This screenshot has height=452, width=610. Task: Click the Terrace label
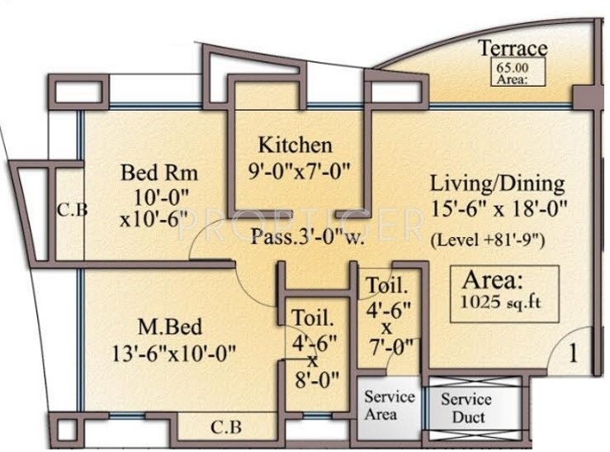point(513,49)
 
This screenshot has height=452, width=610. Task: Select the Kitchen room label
point(296,146)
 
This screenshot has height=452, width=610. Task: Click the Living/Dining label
point(498,183)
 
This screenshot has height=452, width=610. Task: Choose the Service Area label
point(389,405)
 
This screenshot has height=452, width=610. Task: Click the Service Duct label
point(466,408)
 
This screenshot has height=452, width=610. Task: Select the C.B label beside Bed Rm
point(72,209)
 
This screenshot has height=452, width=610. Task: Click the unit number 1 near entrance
point(574,354)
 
